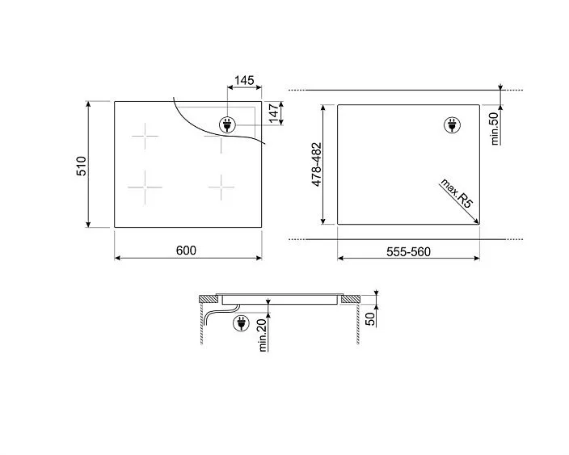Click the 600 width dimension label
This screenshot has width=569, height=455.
pos(186,251)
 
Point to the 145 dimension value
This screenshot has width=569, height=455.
pos(244,82)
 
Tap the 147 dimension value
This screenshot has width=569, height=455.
pos(274,113)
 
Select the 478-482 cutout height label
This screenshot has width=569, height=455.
pos(317,165)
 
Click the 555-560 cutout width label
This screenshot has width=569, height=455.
pos(408,251)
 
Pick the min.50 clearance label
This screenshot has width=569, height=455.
pos(495,127)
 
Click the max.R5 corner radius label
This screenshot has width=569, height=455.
pos(457,195)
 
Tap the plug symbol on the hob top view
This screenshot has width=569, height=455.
pos(227,124)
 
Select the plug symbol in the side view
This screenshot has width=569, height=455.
pos(240,324)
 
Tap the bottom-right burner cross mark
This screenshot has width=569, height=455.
pos(221,187)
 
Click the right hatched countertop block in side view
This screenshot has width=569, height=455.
pos(350,301)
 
